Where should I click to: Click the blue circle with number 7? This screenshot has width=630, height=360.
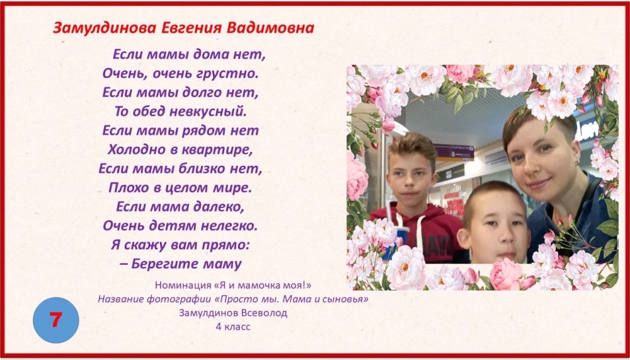(x=56, y=320)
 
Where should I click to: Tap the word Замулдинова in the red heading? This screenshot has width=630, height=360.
(x=104, y=28)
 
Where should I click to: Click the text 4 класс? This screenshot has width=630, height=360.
(x=233, y=327)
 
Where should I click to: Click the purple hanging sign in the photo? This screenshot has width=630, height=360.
(x=454, y=149)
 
